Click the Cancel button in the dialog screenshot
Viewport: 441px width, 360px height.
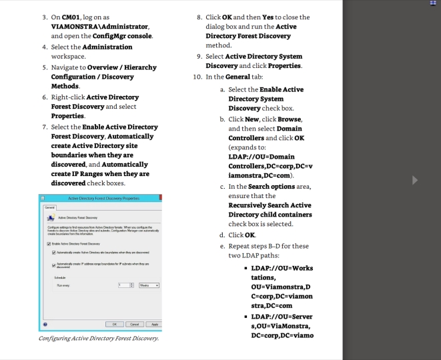click(x=135, y=325)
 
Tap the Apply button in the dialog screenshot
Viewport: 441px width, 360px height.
click(x=153, y=325)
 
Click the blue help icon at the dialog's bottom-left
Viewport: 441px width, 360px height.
click(x=45, y=325)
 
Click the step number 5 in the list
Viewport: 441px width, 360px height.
click(x=44, y=67)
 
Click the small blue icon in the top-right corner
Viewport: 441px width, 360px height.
click(x=433, y=3)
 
